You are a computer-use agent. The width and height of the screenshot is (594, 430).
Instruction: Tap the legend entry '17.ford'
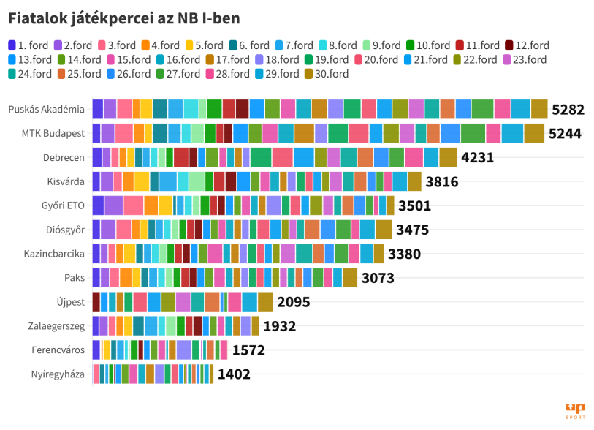tap(227, 59)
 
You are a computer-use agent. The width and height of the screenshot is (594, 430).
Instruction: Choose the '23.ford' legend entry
tap(523, 59)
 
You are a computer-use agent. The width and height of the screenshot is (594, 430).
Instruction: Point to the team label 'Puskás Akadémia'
tap(47, 109)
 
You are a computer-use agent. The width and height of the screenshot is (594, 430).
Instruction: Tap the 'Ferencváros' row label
tap(58, 350)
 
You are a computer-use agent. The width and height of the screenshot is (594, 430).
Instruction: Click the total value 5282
tap(568, 110)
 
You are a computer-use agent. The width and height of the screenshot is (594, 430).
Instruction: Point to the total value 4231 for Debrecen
tap(478, 158)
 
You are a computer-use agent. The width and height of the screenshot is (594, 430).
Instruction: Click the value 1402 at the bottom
tap(234, 375)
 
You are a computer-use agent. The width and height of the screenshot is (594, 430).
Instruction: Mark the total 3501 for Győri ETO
tap(414, 206)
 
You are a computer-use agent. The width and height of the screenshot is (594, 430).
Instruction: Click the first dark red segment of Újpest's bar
tap(96, 302)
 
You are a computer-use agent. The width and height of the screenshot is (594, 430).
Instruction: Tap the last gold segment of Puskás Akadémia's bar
tap(539, 109)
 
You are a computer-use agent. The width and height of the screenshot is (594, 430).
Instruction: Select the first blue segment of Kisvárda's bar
tap(96, 181)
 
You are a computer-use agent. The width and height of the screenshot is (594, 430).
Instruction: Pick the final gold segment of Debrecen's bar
tap(448, 157)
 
